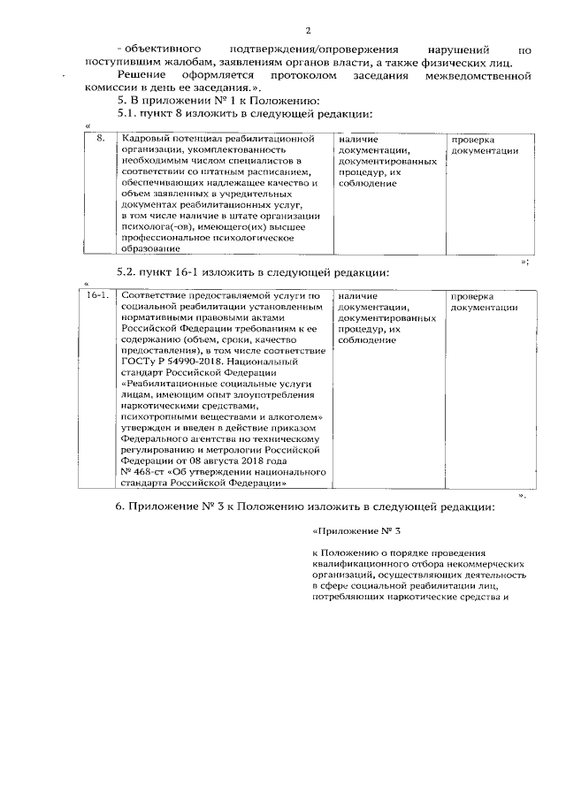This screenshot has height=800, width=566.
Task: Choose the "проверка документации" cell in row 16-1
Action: pos(484,301)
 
